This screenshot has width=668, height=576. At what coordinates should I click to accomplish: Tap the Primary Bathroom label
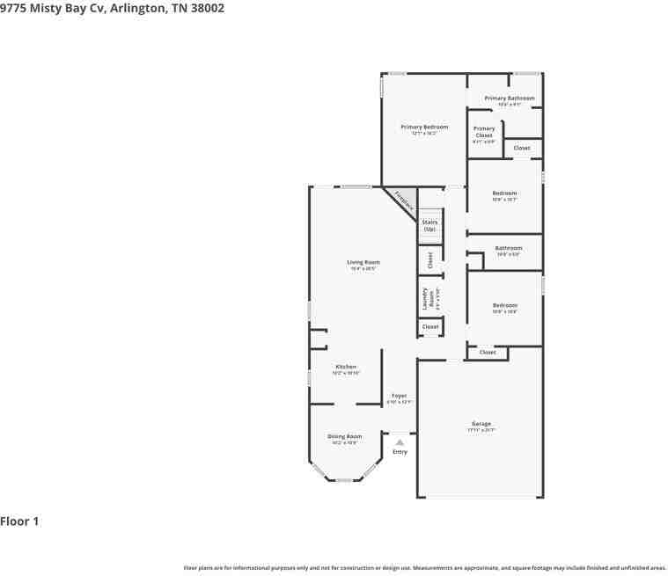click(x=509, y=98)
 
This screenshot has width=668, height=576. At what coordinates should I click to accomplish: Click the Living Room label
click(x=363, y=262)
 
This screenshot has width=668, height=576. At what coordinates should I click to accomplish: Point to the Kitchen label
click(x=346, y=367)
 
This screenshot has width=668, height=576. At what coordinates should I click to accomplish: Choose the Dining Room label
click(x=344, y=436)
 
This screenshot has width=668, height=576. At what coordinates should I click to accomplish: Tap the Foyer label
click(x=399, y=396)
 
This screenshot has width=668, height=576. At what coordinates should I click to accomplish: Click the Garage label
click(x=481, y=424)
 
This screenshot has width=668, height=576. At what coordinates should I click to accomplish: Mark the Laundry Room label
click(x=425, y=298)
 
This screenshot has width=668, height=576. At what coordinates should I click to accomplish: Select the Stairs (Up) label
click(x=429, y=225)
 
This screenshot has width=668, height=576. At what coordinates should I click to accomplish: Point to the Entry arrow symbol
click(x=400, y=442)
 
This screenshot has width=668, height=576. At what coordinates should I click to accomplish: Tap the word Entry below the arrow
click(x=400, y=452)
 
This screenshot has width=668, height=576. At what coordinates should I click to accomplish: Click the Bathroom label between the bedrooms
click(x=508, y=248)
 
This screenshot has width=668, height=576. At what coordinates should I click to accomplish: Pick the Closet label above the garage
click(x=488, y=352)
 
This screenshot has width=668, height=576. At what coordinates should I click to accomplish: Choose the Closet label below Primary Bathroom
click(x=522, y=148)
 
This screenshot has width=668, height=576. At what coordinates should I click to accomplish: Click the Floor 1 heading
click(x=19, y=521)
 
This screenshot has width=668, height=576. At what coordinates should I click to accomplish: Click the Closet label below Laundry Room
click(x=429, y=326)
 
